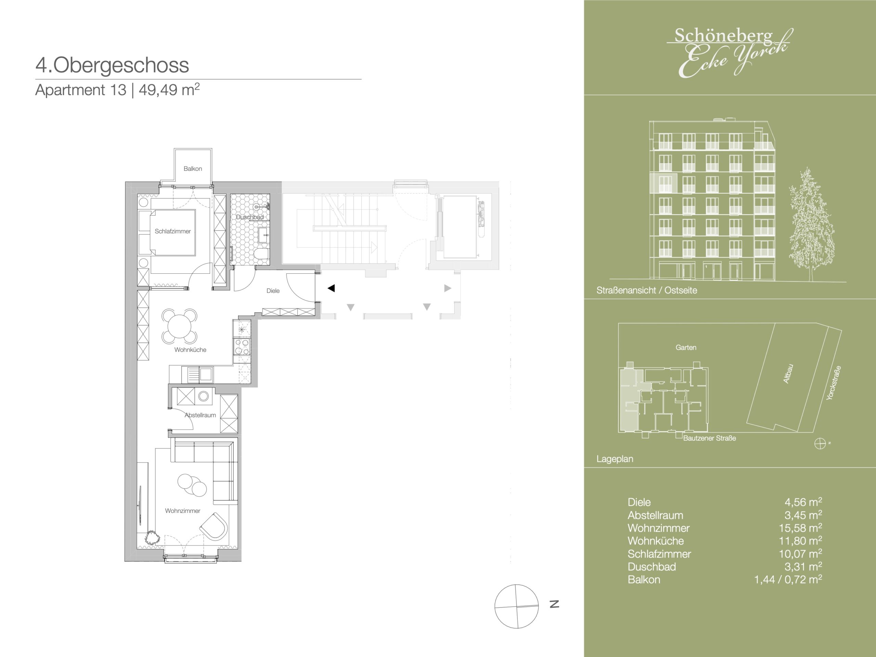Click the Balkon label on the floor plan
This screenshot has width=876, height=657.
[193, 169]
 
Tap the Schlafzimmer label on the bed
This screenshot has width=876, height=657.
[173, 231]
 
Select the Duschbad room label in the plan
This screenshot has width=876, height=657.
[250, 217]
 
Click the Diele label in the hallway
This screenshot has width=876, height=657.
[273, 291]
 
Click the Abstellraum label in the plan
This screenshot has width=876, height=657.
[201, 415]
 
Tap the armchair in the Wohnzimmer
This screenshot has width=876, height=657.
[214, 526]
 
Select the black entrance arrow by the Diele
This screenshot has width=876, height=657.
[332, 288]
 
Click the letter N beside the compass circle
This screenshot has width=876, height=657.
[554, 604]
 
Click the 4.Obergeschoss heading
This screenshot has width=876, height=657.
[112, 65]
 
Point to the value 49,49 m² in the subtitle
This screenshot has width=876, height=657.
[169, 90]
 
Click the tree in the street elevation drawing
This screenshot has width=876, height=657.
[811, 224]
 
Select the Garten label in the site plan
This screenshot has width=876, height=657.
[686, 347]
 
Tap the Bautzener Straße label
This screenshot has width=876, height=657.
[710, 438]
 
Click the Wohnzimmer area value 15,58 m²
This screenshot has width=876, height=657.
[800, 528]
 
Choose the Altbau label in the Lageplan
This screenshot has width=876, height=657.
[788, 373]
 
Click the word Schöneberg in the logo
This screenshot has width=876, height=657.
[723, 36]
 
